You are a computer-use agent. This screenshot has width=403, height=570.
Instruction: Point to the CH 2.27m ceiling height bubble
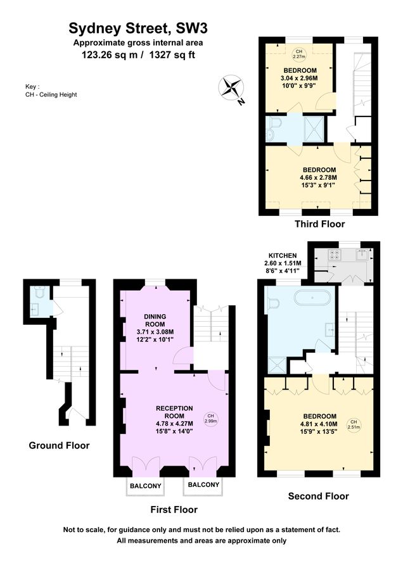298,53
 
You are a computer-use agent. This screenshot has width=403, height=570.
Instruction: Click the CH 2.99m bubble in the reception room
210,418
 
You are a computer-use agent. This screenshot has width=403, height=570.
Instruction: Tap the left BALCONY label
146,486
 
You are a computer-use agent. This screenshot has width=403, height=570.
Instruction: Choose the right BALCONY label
203,485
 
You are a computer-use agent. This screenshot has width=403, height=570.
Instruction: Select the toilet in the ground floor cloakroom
39,293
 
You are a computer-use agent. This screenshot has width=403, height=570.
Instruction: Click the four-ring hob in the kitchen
333,255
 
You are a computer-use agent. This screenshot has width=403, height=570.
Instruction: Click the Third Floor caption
319,224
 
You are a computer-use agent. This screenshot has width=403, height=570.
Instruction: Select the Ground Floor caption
59,445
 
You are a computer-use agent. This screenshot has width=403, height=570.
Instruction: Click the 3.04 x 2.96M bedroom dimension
300,79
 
